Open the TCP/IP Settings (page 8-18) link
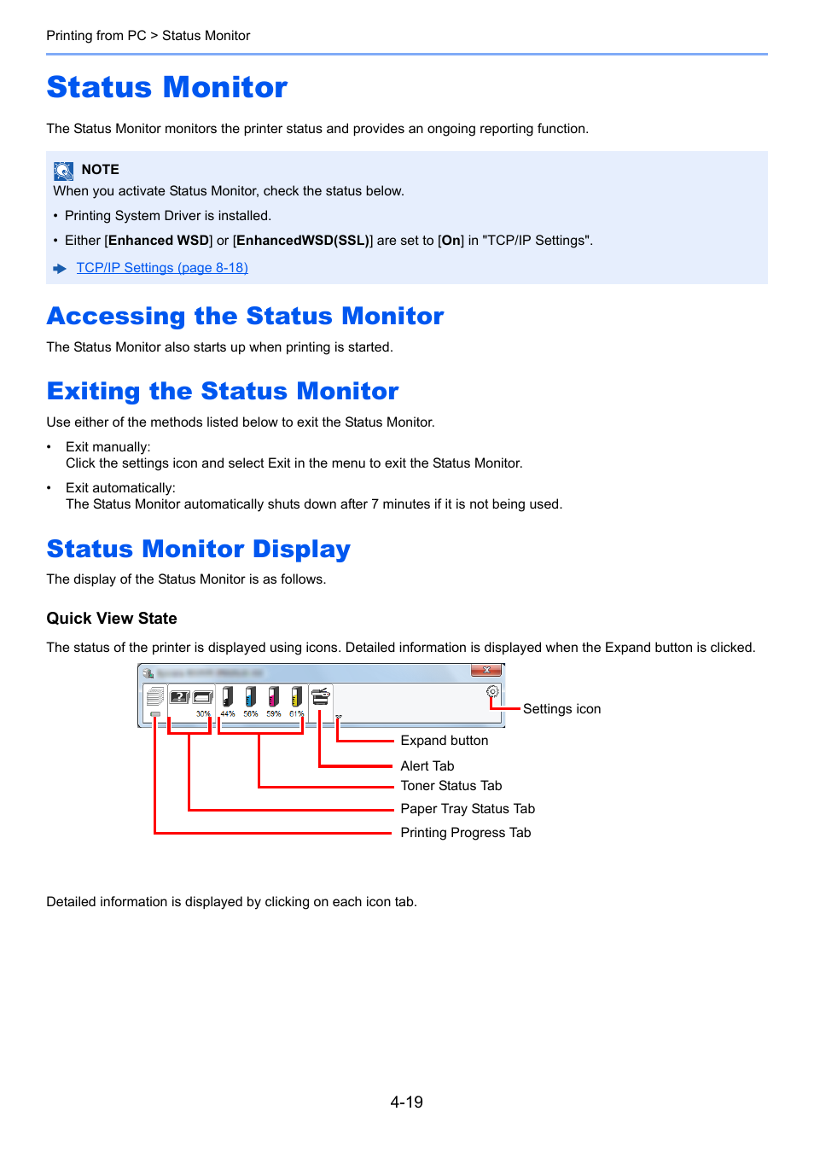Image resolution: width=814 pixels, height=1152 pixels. click(162, 268)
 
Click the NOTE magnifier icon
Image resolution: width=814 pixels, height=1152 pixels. click(64, 171)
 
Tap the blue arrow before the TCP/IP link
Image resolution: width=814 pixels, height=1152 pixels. click(60, 269)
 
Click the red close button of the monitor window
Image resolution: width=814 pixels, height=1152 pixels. click(485, 671)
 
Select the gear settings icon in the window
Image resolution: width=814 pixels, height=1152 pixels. click(492, 692)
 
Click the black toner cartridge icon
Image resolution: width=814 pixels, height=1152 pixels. click(228, 697)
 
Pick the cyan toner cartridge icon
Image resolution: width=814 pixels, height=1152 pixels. click(251, 697)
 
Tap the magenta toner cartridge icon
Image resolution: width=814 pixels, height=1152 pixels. click(273, 697)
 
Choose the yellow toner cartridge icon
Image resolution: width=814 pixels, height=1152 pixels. click(296, 697)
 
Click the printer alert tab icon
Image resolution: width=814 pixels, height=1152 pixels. click(321, 696)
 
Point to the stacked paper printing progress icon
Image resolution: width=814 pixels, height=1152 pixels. click(154, 696)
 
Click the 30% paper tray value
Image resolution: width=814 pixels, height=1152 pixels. click(203, 713)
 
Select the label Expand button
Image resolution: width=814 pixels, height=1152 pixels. click(445, 741)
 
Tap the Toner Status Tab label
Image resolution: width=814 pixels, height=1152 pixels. click(451, 786)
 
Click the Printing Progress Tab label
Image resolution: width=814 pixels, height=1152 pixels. click(466, 833)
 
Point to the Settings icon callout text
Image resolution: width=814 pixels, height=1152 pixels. click(561, 709)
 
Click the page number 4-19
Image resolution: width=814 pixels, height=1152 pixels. click(407, 1103)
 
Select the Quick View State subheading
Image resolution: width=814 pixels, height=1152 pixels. click(112, 619)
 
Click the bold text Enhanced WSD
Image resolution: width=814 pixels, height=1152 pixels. click(159, 241)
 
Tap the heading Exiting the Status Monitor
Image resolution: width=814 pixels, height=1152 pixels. click(223, 391)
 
